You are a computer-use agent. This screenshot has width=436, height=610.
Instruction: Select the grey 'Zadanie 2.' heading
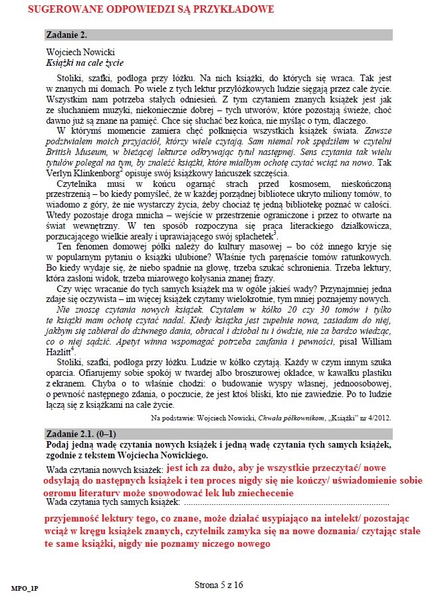point(65,35)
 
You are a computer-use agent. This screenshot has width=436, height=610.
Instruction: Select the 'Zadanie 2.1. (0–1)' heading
point(78,434)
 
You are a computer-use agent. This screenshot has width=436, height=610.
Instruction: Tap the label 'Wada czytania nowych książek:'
point(104,470)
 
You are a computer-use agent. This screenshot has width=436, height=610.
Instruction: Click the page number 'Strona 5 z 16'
point(218,585)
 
